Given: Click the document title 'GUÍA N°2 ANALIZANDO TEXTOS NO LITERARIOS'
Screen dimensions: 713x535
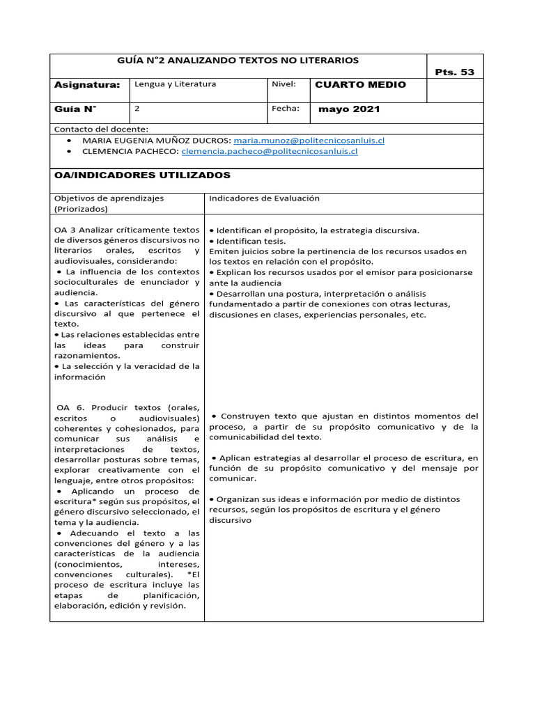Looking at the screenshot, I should [239, 61].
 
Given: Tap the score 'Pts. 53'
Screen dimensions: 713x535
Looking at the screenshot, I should [454, 72].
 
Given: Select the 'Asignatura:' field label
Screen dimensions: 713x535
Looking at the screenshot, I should [87, 85].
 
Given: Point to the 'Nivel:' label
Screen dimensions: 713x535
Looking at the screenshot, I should [284, 84].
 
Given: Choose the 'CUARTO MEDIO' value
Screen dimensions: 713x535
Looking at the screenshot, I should [360, 85].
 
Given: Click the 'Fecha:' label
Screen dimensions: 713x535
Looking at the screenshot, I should [286, 109].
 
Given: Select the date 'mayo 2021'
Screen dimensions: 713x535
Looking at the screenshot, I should [349, 110].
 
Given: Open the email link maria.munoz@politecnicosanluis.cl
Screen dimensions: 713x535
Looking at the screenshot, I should [309, 140].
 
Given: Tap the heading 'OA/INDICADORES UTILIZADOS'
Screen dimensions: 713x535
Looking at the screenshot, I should [142, 175].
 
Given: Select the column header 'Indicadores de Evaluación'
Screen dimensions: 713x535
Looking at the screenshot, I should [264, 198].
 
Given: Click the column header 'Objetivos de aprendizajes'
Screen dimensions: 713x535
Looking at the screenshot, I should [109, 198].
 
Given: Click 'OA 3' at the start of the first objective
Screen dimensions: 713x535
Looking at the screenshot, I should [64, 230].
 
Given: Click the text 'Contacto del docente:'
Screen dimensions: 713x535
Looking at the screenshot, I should [101, 130].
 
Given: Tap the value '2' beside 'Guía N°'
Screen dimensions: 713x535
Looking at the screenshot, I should [137, 109].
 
